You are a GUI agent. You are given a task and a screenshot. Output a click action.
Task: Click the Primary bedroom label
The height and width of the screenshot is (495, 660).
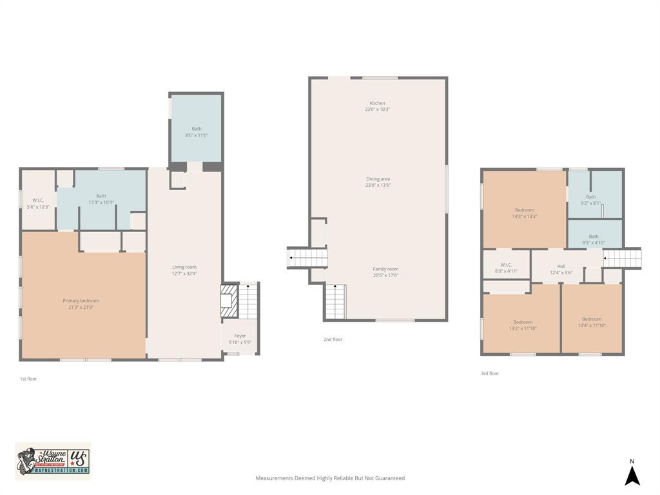(x=81, y=300)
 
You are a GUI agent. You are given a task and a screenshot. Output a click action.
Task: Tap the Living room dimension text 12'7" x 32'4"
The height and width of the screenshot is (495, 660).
(x=184, y=274)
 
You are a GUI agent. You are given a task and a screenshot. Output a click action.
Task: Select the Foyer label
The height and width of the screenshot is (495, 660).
(x=240, y=336)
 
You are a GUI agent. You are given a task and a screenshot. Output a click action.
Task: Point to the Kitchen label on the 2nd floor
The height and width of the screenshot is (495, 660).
(x=377, y=103)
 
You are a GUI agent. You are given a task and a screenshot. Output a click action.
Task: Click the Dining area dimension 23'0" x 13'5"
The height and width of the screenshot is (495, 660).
(x=378, y=185)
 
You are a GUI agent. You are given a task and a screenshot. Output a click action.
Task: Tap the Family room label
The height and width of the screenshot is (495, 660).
(x=385, y=269)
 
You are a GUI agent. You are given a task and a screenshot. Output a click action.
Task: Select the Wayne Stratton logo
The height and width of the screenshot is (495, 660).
(x=53, y=461)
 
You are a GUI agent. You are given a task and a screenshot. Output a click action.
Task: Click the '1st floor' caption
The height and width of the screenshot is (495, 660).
(x=28, y=379)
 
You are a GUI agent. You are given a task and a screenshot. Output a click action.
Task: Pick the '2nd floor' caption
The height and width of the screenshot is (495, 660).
(x=333, y=339)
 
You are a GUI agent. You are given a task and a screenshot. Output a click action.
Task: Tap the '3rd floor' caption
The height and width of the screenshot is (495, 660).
(x=490, y=373)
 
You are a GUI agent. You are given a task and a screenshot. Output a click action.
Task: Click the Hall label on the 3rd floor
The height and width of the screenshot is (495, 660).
(x=561, y=266)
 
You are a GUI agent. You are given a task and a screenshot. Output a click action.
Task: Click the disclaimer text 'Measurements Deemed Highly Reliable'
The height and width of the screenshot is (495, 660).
(x=330, y=478)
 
